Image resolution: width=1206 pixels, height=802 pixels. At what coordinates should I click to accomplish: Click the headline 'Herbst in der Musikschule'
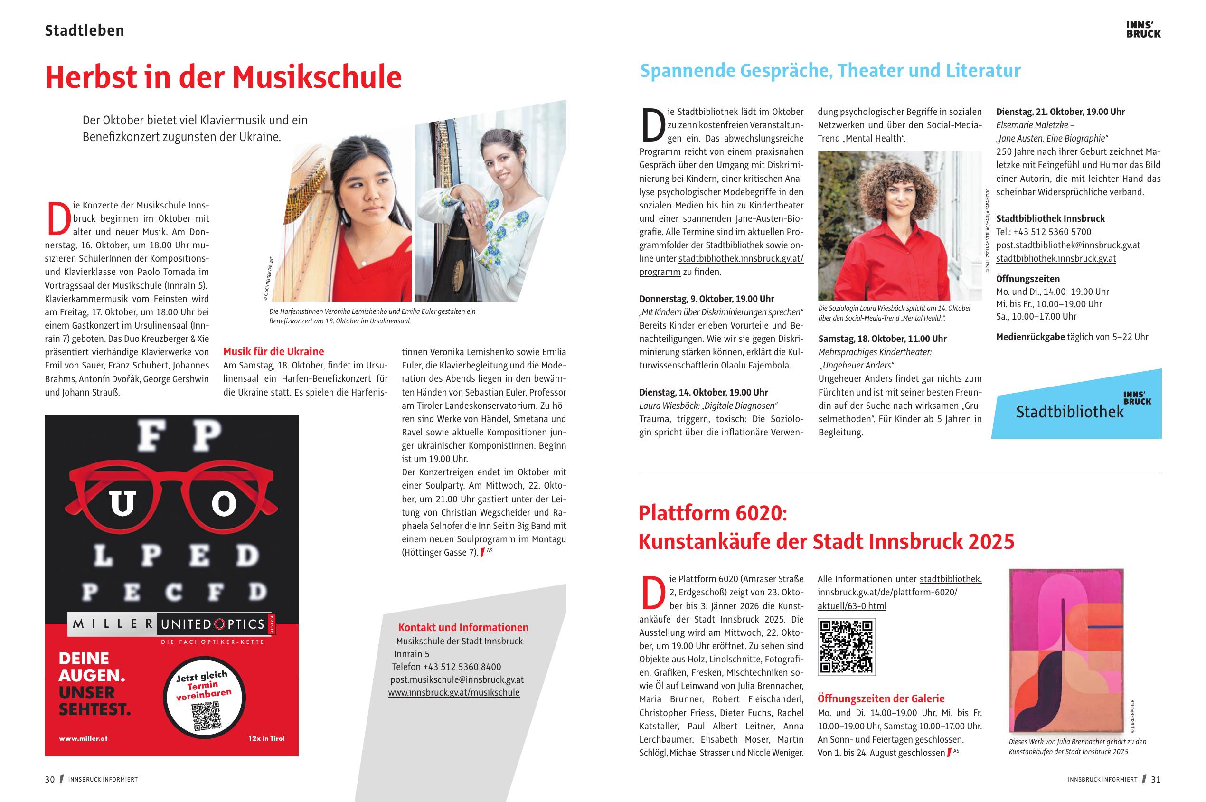click(x=223, y=77)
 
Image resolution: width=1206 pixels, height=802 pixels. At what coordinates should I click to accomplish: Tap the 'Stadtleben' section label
click(x=85, y=31)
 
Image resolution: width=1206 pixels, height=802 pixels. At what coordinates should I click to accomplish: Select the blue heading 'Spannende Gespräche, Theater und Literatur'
click(x=829, y=71)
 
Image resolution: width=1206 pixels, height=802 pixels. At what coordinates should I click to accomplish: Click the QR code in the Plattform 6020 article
click(x=847, y=647)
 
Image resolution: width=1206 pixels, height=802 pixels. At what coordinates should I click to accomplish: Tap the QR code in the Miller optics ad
click(x=207, y=716)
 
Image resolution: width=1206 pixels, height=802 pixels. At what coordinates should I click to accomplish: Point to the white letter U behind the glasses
click(x=122, y=504)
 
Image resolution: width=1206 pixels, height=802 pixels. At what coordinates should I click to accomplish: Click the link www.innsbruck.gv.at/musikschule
click(x=453, y=692)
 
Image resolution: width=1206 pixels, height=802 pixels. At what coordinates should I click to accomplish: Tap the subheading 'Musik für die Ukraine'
click(x=273, y=351)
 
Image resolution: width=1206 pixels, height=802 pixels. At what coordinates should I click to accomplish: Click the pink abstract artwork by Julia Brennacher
click(x=1066, y=650)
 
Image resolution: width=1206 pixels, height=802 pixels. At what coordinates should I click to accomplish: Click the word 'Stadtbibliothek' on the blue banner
click(x=1069, y=412)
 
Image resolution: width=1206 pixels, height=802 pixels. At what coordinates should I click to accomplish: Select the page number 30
click(x=49, y=780)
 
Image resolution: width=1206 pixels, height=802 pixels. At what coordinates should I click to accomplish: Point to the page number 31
click(x=1156, y=780)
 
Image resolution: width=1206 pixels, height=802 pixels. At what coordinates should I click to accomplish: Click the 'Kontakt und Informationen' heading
click(x=463, y=627)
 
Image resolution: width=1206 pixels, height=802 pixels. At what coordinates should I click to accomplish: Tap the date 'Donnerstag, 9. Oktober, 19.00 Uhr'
click(x=707, y=299)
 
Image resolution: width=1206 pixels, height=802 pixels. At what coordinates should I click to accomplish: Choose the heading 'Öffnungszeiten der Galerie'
click(x=881, y=698)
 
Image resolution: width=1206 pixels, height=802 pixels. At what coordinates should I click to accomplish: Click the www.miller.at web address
click(x=84, y=738)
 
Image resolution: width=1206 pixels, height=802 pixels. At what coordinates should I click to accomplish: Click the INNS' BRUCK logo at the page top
click(x=1143, y=29)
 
